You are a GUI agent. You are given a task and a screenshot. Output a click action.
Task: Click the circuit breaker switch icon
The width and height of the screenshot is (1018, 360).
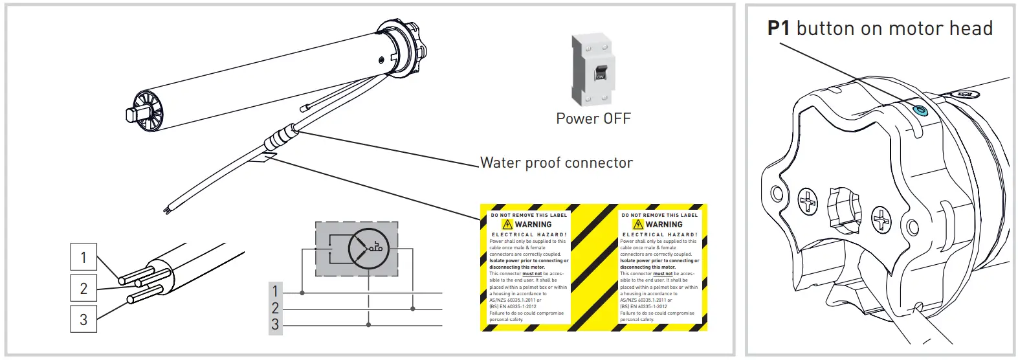593,70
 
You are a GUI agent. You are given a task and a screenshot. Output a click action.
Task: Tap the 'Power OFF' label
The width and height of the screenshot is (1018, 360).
593,118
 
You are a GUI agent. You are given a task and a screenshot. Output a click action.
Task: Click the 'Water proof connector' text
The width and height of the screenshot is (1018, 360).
556,163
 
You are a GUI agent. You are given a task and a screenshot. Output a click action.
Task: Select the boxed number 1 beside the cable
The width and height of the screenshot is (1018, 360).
83,257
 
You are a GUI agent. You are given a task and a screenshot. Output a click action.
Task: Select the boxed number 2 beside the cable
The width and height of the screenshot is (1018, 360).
83,288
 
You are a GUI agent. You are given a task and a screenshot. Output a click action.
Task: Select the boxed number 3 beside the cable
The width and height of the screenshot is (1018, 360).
83,319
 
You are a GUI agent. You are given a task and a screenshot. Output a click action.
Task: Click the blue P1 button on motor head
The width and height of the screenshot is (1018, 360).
919,111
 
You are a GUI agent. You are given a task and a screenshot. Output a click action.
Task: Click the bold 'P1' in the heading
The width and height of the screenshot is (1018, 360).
779,28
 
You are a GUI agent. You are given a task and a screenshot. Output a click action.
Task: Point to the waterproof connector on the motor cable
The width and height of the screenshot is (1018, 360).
280,137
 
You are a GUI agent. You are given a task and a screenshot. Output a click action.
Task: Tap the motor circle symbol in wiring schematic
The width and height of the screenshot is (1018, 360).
368,248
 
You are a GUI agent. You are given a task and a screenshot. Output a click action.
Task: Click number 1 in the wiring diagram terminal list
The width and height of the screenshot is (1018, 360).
275,291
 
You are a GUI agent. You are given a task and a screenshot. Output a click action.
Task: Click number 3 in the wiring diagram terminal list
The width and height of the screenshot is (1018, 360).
275,324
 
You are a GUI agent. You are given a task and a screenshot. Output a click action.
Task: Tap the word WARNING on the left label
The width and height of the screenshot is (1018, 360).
533,225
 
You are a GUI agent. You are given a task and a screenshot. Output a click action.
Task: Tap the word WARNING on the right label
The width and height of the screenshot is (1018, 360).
664,225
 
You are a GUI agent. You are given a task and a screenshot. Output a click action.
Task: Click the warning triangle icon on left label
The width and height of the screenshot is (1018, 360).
507,225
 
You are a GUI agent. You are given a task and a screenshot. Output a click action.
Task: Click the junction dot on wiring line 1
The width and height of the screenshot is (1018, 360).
302,293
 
